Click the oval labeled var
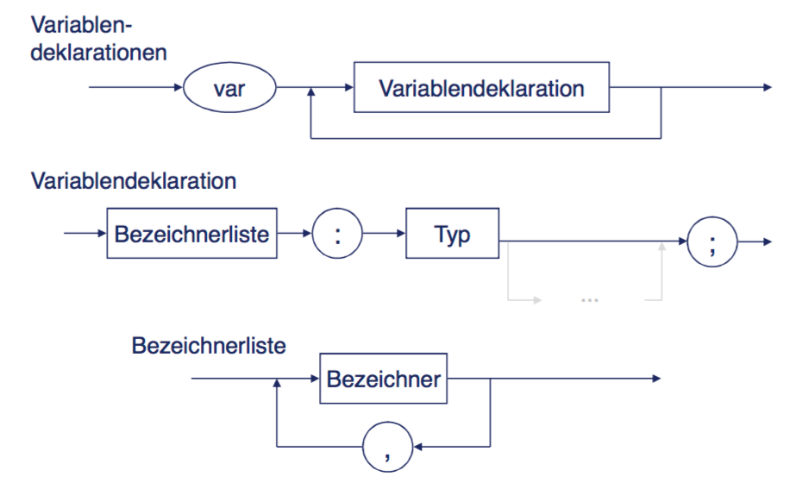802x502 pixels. click(229, 88)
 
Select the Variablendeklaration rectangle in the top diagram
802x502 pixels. click(481, 88)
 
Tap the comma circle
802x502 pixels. click(387, 447)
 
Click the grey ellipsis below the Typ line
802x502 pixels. click(591, 299)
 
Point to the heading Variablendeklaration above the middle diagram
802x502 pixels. click(134, 182)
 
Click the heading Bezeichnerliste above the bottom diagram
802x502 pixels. click(209, 346)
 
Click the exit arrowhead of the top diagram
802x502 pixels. click(765, 88)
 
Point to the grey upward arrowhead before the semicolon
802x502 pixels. click(661, 247)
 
